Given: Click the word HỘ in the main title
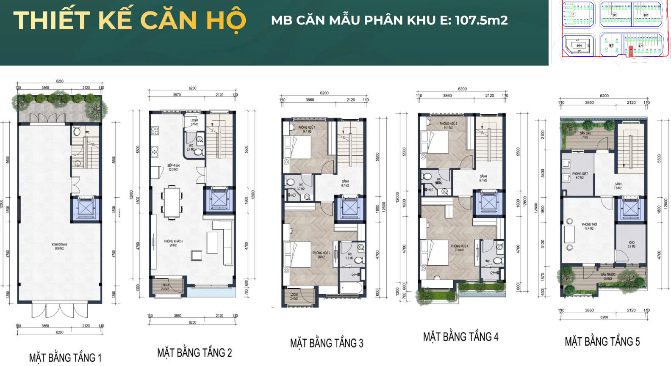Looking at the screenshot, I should point(226,21).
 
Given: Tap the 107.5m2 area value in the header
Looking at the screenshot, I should point(481,20).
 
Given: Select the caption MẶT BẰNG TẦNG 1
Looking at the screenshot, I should point(65,358).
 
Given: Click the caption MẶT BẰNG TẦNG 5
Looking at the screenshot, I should point(602,341).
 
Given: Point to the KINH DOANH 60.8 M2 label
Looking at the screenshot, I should point(59,246).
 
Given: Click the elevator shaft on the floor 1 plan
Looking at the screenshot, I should point(86,209).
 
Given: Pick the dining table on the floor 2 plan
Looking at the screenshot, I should point(172,202).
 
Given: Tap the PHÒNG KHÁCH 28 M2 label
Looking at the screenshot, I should point(173,243).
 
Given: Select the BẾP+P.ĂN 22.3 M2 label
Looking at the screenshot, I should point(174,167).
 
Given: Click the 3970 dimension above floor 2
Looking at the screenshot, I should point(177,95).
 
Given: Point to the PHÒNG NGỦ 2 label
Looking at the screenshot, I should point(322,255).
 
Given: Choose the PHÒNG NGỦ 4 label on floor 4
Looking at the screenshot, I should point(459,248).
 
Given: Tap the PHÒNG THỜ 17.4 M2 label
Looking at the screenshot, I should point(589,226).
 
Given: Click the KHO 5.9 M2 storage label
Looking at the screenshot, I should point(631,244).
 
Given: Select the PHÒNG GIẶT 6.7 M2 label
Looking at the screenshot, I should point(580,176).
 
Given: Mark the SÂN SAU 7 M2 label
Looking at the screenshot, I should point(585,135).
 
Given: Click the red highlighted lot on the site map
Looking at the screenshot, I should point(630,50).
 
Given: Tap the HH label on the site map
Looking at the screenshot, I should point(579,45).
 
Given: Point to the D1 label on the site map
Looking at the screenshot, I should point(615,15).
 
